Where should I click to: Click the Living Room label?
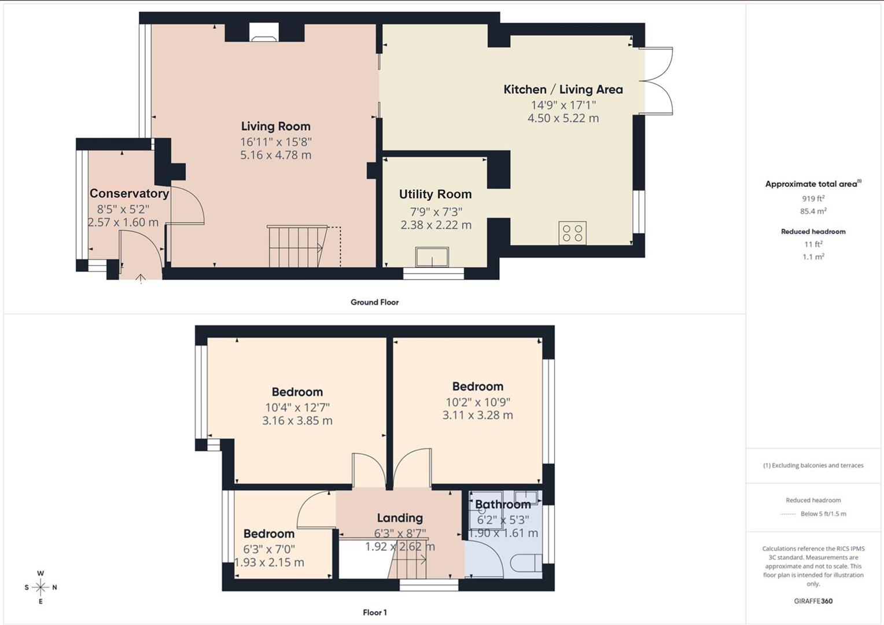pos(276,126)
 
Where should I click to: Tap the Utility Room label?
pos(435,194)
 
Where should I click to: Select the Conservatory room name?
pos(130,193)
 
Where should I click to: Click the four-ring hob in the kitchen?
pos(573,233)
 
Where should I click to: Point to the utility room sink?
pos(432,257)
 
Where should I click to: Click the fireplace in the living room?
pos(264,33)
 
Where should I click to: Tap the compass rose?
pos(40,587)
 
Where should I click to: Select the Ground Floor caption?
pos(374,302)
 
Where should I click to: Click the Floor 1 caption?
pos(374,612)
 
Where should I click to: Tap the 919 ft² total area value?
pos(813,198)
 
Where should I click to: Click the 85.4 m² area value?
pos(813,211)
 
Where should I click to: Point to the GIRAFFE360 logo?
pos(813,601)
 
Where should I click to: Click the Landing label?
pos(400,517)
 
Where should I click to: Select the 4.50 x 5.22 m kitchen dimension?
pos(563,118)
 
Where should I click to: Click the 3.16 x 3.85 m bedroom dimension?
pos(297,421)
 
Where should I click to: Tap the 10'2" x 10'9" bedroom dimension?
pos(477,402)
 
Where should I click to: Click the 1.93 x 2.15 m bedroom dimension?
pos(269,562)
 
